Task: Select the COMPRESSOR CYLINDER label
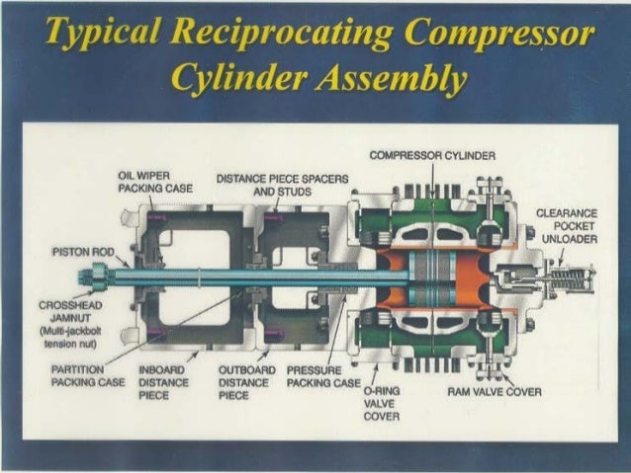(424, 155)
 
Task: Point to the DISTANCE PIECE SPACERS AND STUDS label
(281, 186)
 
